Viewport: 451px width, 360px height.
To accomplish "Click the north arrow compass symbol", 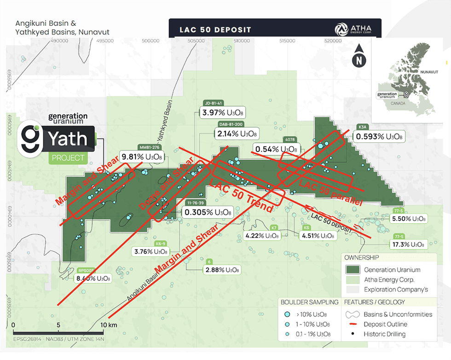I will (358, 56).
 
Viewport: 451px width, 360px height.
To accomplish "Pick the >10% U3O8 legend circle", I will (287, 314).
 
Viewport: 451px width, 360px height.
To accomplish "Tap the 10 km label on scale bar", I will (110, 325).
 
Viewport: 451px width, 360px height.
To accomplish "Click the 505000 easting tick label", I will (196, 41).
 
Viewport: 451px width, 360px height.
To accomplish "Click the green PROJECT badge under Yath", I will (67, 158).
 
